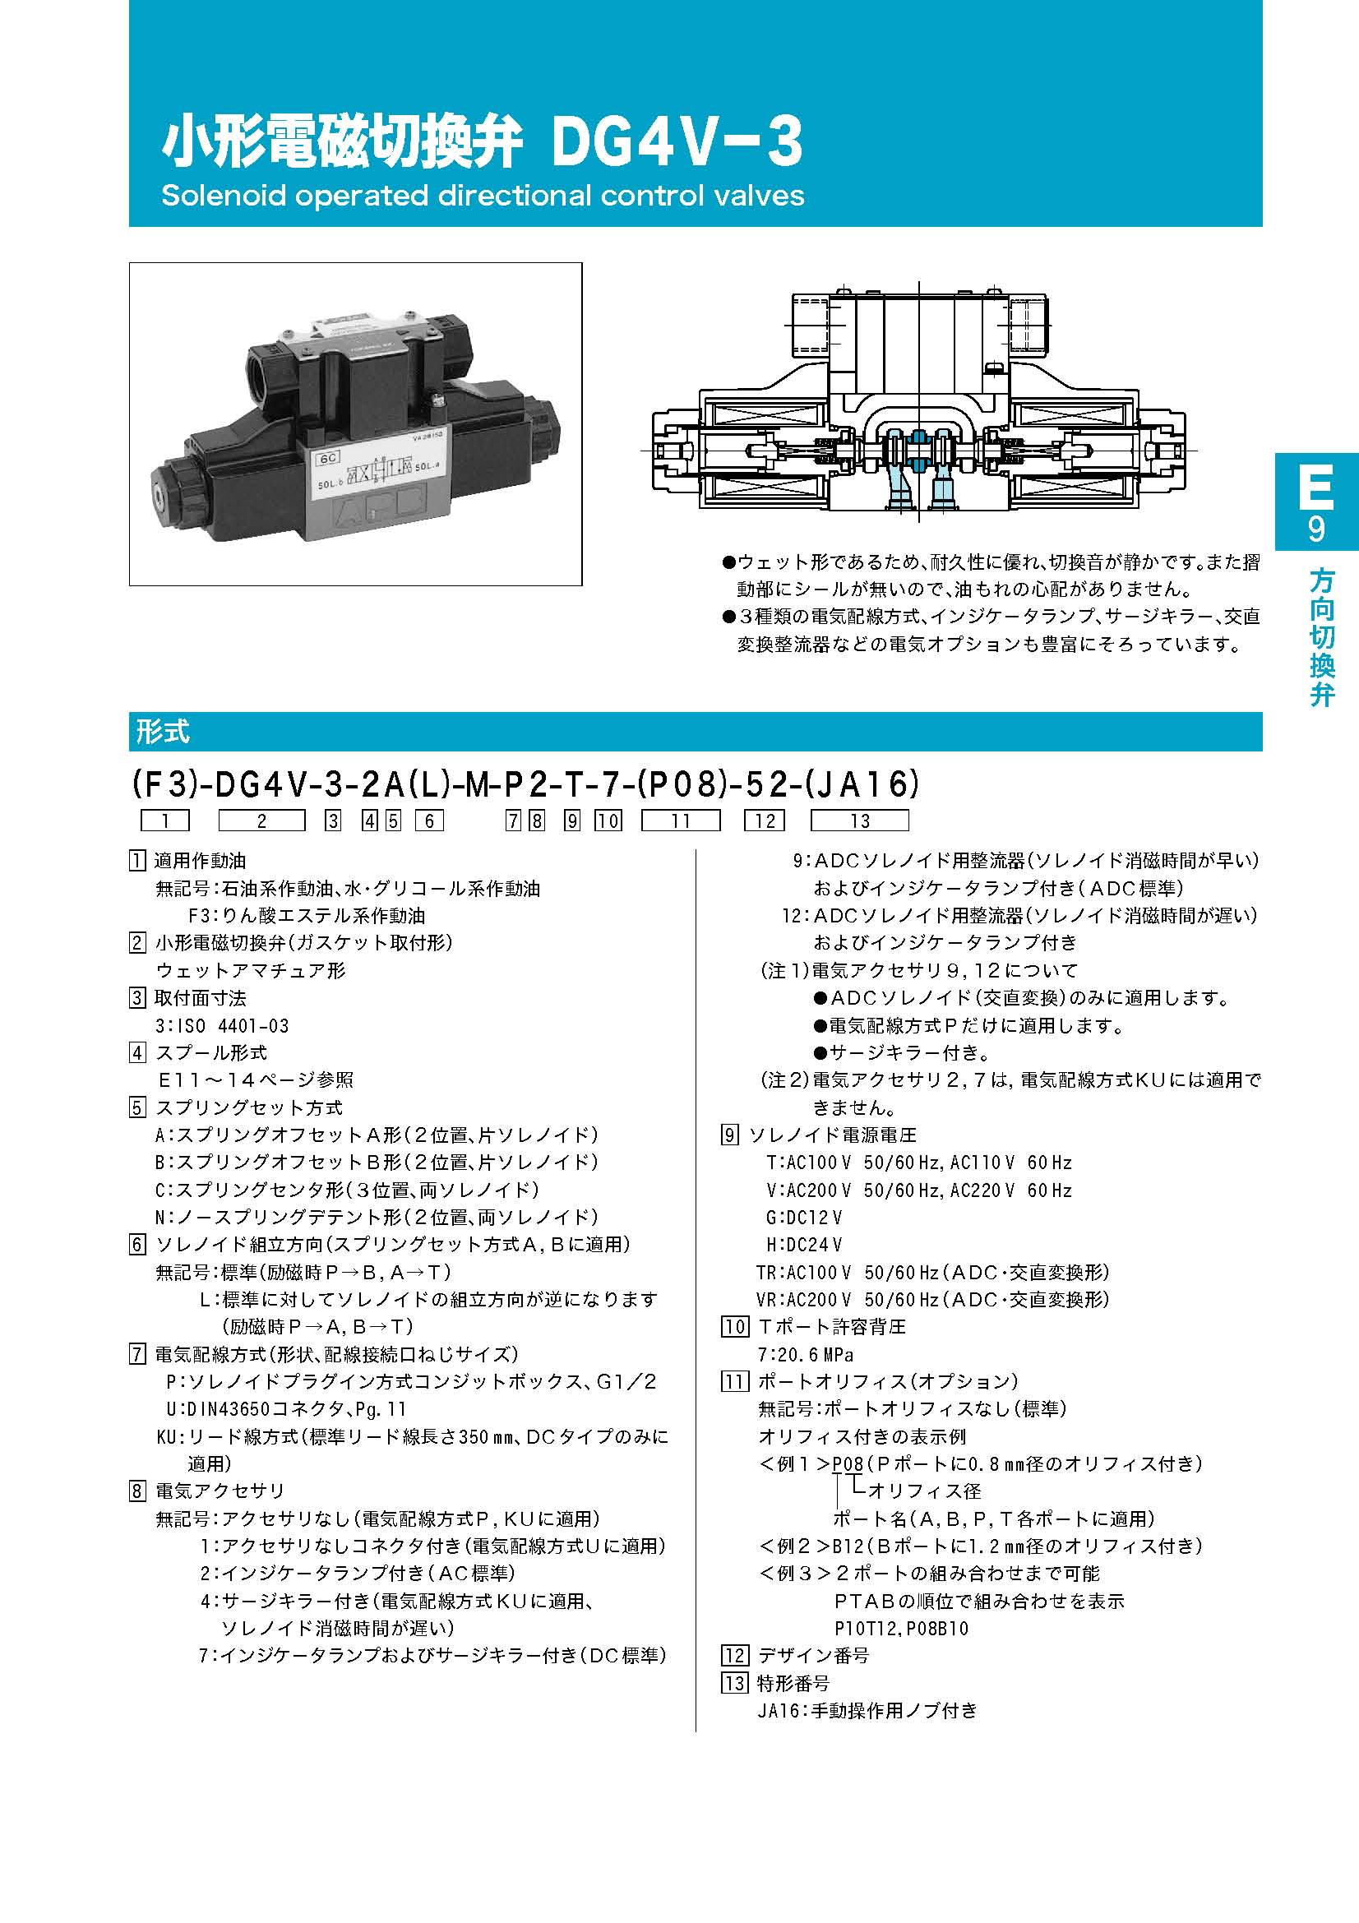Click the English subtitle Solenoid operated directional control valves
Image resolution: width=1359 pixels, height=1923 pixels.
coord(483,196)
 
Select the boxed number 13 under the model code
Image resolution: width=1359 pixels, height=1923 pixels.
coord(859,821)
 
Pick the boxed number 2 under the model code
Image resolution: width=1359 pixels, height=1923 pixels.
coord(261,821)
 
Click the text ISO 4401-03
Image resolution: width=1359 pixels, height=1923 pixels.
coord(222,1026)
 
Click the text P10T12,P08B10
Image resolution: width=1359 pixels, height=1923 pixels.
coord(901,1628)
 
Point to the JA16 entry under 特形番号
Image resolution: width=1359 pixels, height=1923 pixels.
coord(867,1711)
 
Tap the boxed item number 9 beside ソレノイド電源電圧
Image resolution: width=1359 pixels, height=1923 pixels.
coord(730,1135)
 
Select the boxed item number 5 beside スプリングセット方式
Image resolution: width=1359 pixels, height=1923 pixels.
coord(137,1108)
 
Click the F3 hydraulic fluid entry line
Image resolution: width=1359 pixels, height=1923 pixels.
coord(306,916)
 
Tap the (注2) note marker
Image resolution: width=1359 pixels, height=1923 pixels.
coord(784,1080)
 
